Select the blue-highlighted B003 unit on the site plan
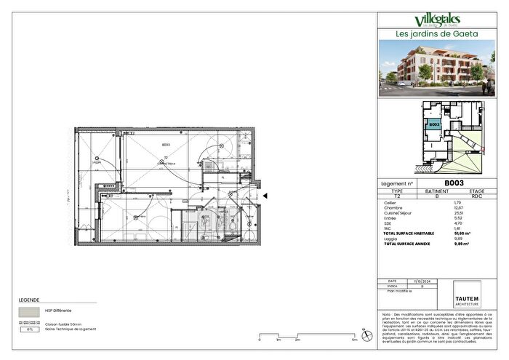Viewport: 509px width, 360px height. (433, 125)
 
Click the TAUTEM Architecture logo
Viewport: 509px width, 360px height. (473, 297)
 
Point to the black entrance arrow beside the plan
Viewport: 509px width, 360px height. (265, 195)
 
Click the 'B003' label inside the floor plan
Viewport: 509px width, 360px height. (166, 145)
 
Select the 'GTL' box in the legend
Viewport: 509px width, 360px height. (30, 329)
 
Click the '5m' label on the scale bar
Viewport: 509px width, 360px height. (354, 340)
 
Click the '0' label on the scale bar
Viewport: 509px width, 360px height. (260, 340)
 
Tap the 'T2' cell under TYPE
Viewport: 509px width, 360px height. (397, 196)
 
